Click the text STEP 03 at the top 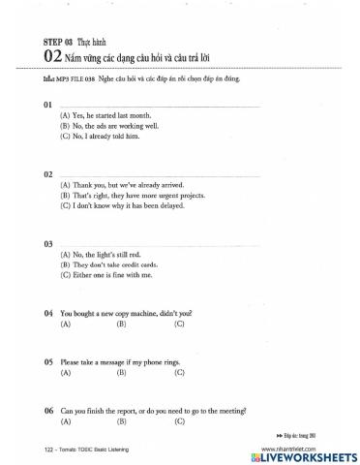point(57,44)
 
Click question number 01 point(48,103)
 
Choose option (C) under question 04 point(179,325)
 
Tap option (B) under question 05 point(123,373)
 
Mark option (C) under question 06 point(179,421)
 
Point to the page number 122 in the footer point(51,453)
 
